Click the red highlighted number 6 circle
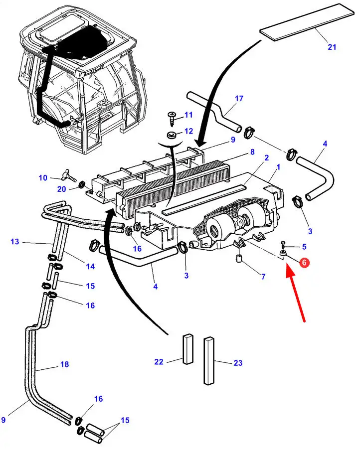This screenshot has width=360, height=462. [304, 261]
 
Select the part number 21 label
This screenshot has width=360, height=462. [332, 47]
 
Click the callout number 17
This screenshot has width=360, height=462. [239, 99]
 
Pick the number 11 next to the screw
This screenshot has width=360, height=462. [188, 115]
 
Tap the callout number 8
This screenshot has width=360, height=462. [252, 152]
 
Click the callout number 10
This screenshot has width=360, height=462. [42, 177]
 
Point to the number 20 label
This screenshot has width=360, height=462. [61, 189]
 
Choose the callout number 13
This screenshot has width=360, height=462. [14, 242]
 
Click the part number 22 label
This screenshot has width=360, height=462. [159, 362]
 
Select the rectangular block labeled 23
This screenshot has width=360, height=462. [209, 361]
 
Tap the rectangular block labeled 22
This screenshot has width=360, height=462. [187, 348]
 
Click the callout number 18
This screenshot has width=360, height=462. [64, 364]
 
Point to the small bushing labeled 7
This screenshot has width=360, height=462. [239, 259]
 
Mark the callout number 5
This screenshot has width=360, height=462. [304, 246]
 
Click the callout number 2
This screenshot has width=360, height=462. [267, 157]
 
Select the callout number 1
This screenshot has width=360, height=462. [278, 167]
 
